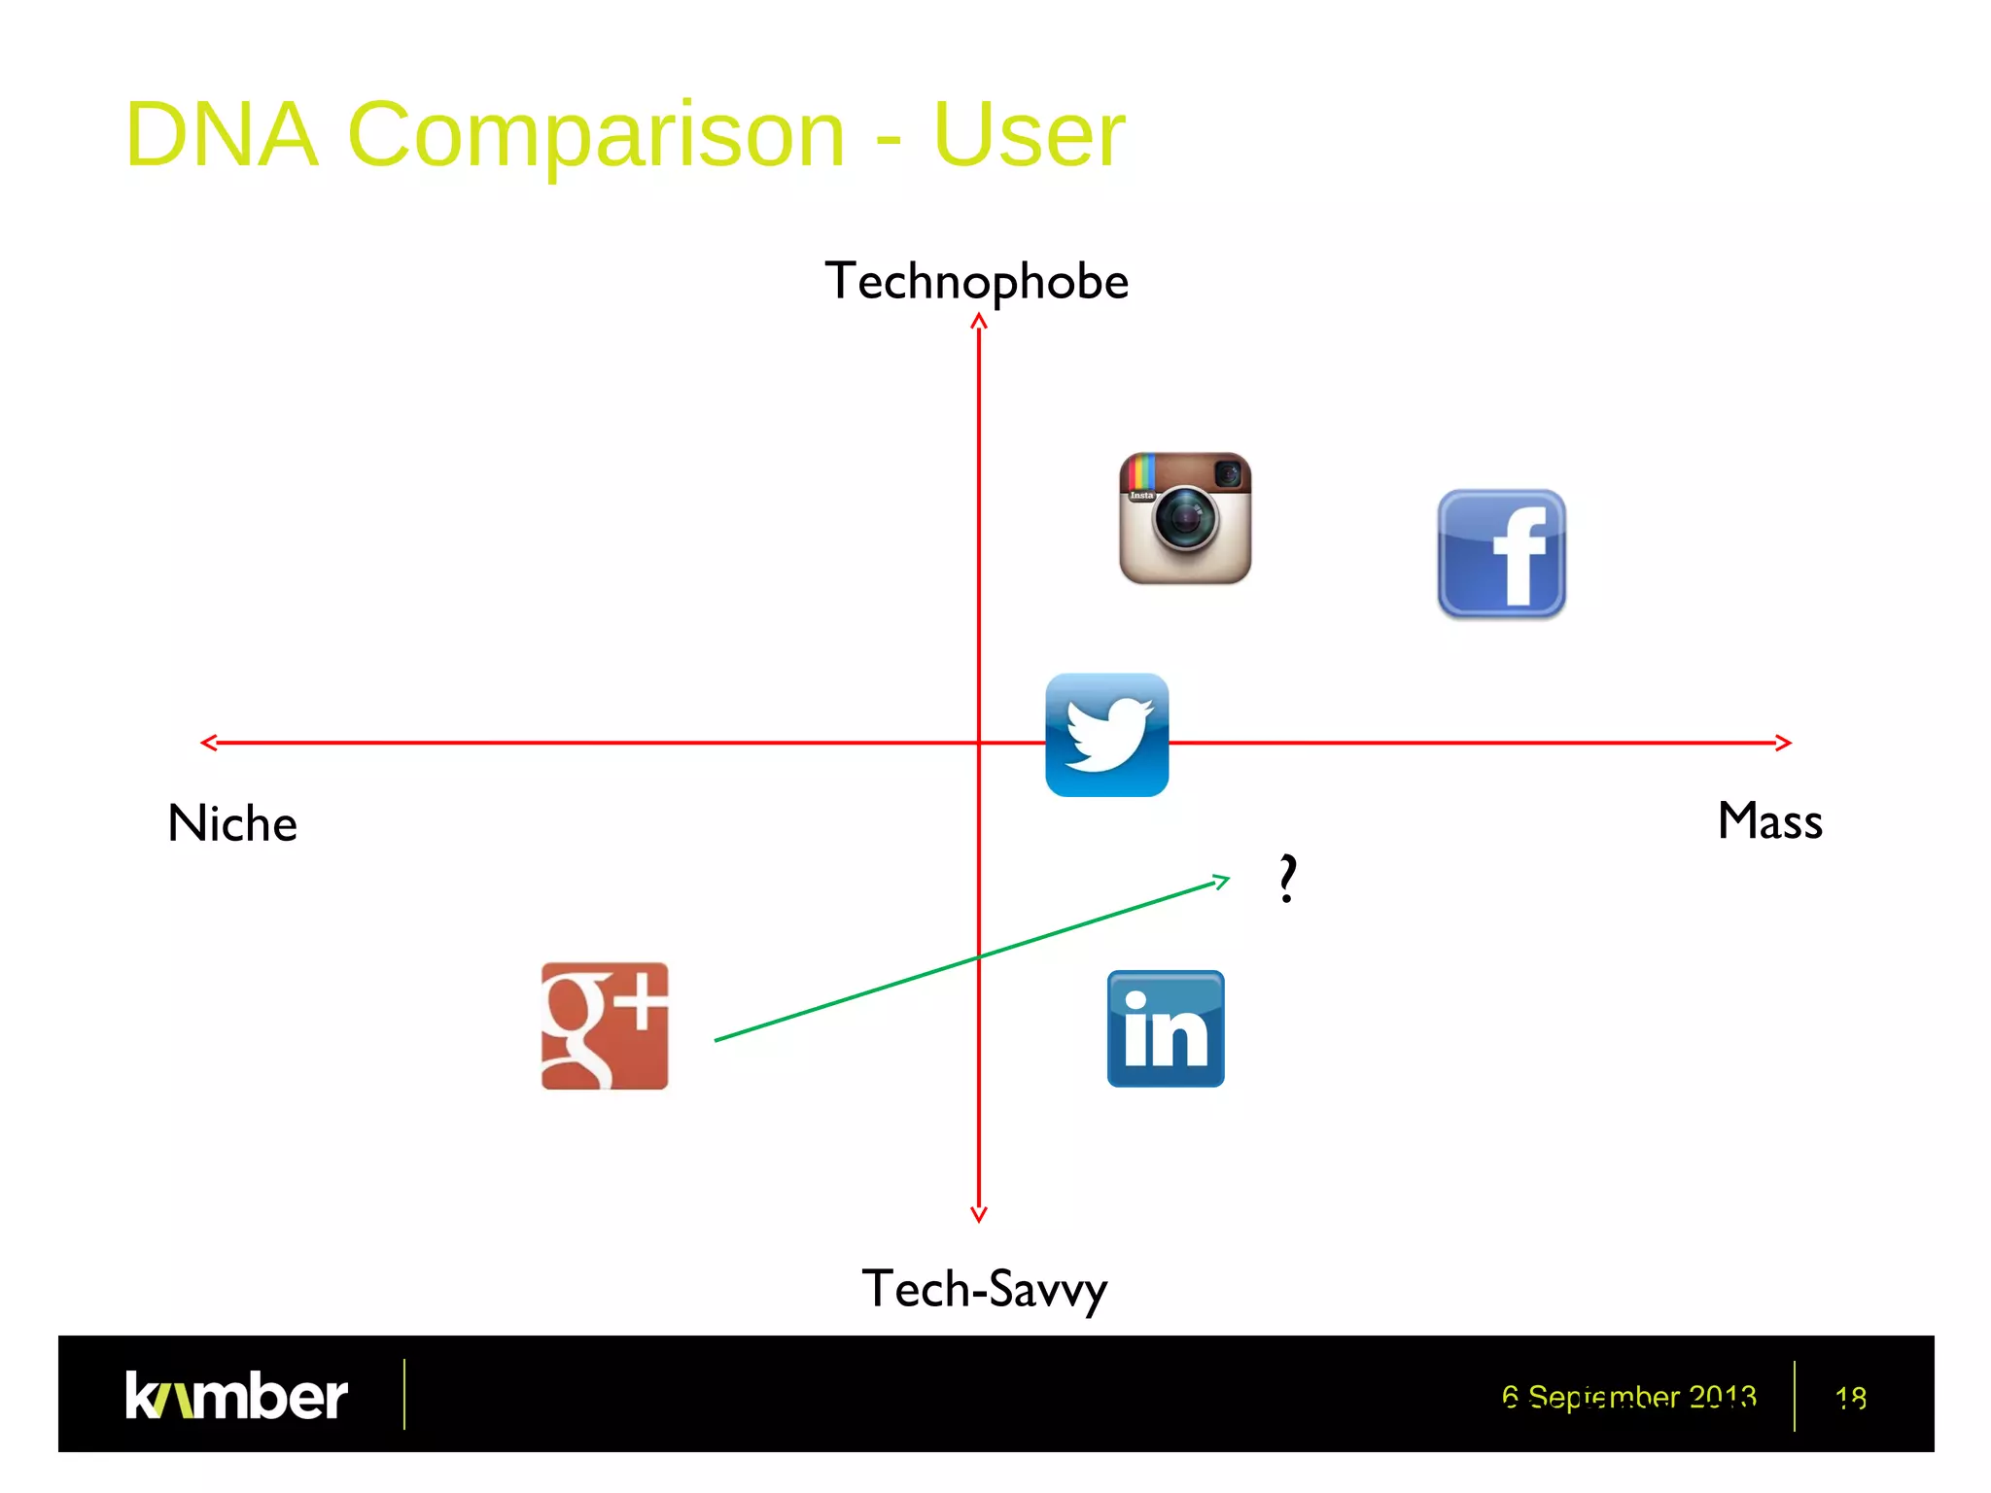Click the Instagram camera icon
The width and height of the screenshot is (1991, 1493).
[x=1185, y=518]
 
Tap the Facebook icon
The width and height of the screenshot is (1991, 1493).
[x=1501, y=554]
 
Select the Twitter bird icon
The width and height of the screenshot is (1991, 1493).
[x=1106, y=735]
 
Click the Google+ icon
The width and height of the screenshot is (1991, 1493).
[x=605, y=1025]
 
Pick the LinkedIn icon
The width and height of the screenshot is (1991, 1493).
[x=1166, y=1028]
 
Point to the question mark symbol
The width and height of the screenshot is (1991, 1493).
[x=1287, y=879]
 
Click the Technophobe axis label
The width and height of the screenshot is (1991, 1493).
[x=976, y=282]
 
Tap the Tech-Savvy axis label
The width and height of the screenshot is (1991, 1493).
[x=984, y=1290]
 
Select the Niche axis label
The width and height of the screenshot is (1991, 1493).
[x=232, y=823]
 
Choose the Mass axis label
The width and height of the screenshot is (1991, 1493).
[x=1769, y=820]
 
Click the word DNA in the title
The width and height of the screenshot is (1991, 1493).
[x=222, y=134]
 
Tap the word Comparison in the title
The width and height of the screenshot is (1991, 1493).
[x=596, y=134]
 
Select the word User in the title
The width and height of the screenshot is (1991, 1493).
[x=1029, y=134]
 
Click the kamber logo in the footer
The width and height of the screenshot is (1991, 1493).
[x=236, y=1396]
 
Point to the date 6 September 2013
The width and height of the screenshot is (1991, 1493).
[x=1628, y=1397]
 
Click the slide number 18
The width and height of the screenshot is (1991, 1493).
[x=1850, y=1398]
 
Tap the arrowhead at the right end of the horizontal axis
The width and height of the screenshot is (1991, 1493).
[x=1788, y=743]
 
